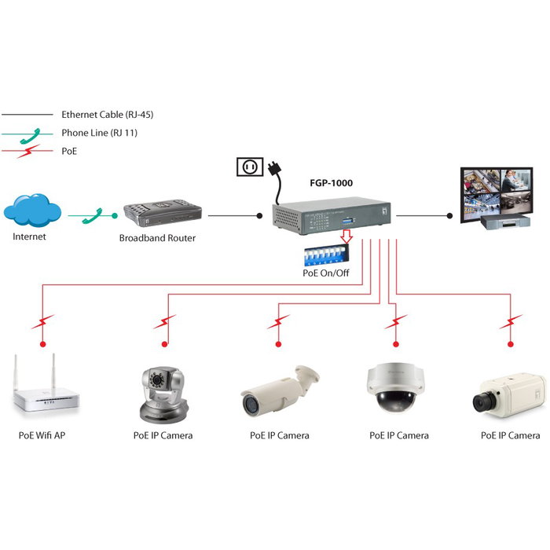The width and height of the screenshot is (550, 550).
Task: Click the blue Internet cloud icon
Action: pyautogui.click(x=31, y=211)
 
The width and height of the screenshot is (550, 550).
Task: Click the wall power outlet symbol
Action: pyautogui.click(x=248, y=167)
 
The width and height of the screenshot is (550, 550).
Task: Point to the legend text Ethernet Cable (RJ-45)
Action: pyautogui.click(x=107, y=115)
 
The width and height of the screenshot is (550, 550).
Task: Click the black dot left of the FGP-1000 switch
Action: pyautogui.click(x=259, y=214)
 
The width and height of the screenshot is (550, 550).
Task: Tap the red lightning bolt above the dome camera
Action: pyautogui.click(x=397, y=321)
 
